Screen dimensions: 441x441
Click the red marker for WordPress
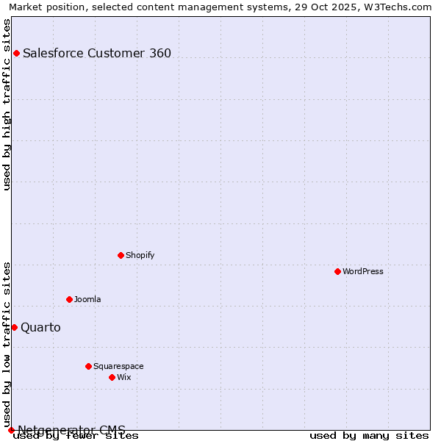tap(337, 271)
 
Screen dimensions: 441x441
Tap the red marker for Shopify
tap(121, 255)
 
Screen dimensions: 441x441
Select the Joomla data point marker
tap(69, 299)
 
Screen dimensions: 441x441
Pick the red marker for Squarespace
tap(88, 366)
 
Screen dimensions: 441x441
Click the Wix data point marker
tap(112, 377)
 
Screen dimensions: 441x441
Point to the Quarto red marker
tap(14, 327)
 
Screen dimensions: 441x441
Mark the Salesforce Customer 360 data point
tap(16, 53)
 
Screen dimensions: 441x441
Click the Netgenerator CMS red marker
tap(11, 430)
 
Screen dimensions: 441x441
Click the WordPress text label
tap(363, 271)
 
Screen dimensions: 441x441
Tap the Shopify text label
tap(140, 255)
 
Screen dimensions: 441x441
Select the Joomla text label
tap(87, 299)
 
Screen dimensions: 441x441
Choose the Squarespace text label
tap(118, 366)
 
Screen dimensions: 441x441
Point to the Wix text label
tap(123, 377)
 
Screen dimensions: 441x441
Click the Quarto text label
tap(40, 327)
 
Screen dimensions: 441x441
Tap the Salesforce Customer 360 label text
tap(97, 53)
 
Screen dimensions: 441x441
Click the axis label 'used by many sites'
tap(369, 435)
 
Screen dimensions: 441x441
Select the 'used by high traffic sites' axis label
tap(7, 104)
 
